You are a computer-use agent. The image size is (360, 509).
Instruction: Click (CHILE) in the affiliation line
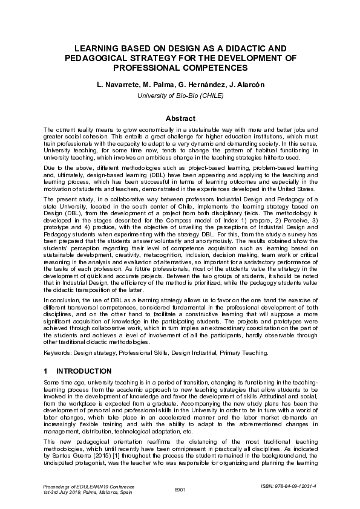click(209, 95)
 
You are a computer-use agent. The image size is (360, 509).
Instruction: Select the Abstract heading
click(180, 118)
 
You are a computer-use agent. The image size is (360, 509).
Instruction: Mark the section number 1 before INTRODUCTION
click(46, 371)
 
